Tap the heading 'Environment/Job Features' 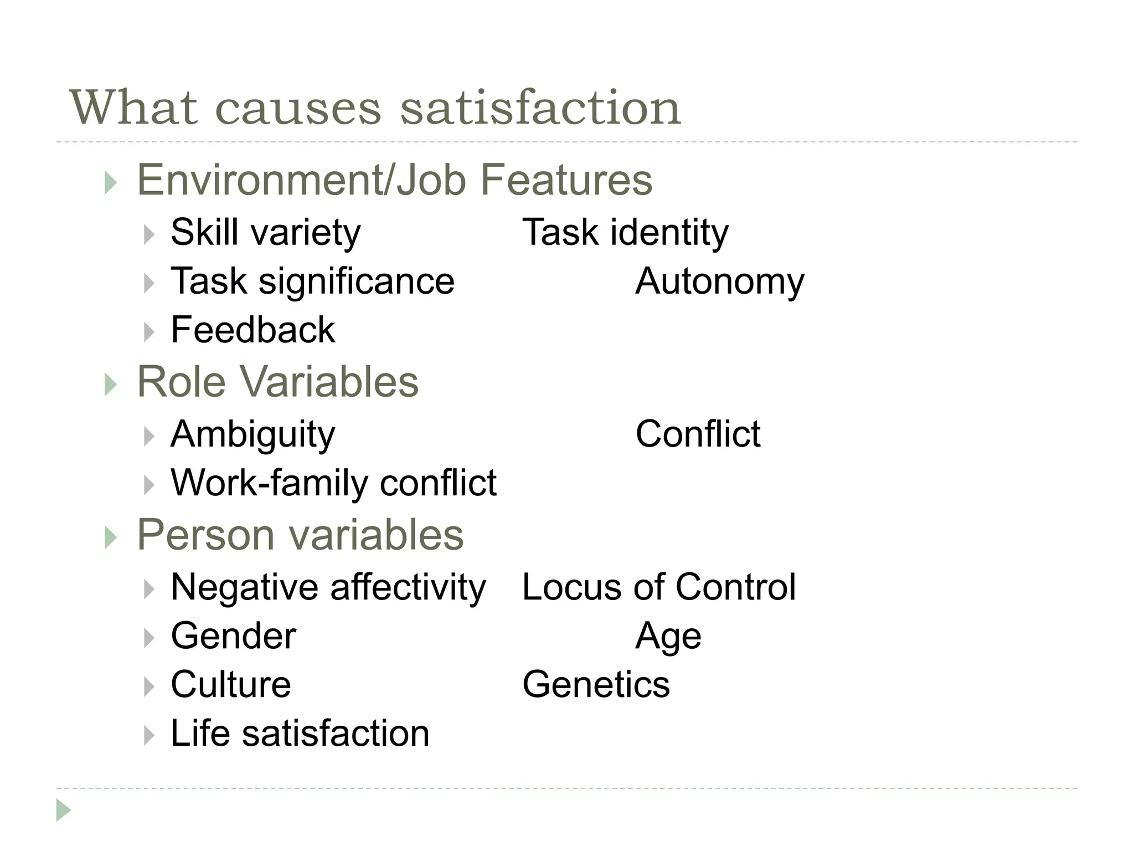pyautogui.click(x=394, y=180)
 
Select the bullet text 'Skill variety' pyautogui.click(x=265, y=232)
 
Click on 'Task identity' pyautogui.click(x=625, y=232)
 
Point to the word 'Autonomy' pyautogui.click(x=719, y=281)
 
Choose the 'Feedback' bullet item pyautogui.click(x=252, y=330)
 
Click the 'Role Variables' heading pyautogui.click(x=277, y=382)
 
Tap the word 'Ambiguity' pyautogui.click(x=252, y=434)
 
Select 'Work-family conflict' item pyautogui.click(x=333, y=483)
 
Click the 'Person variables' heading pyautogui.click(x=300, y=535)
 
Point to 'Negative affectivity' pyautogui.click(x=328, y=587)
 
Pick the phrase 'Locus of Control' pyautogui.click(x=659, y=587)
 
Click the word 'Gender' pyautogui.click(x=233, y=636)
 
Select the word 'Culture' pyautogui.click(x=230, y=685)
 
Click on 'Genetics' pyautogui.click(x=596, y=685)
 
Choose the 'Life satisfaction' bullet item pyautogui.click(x=300, y=734)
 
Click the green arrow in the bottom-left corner pyautogui.click(x=63, y=811)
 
